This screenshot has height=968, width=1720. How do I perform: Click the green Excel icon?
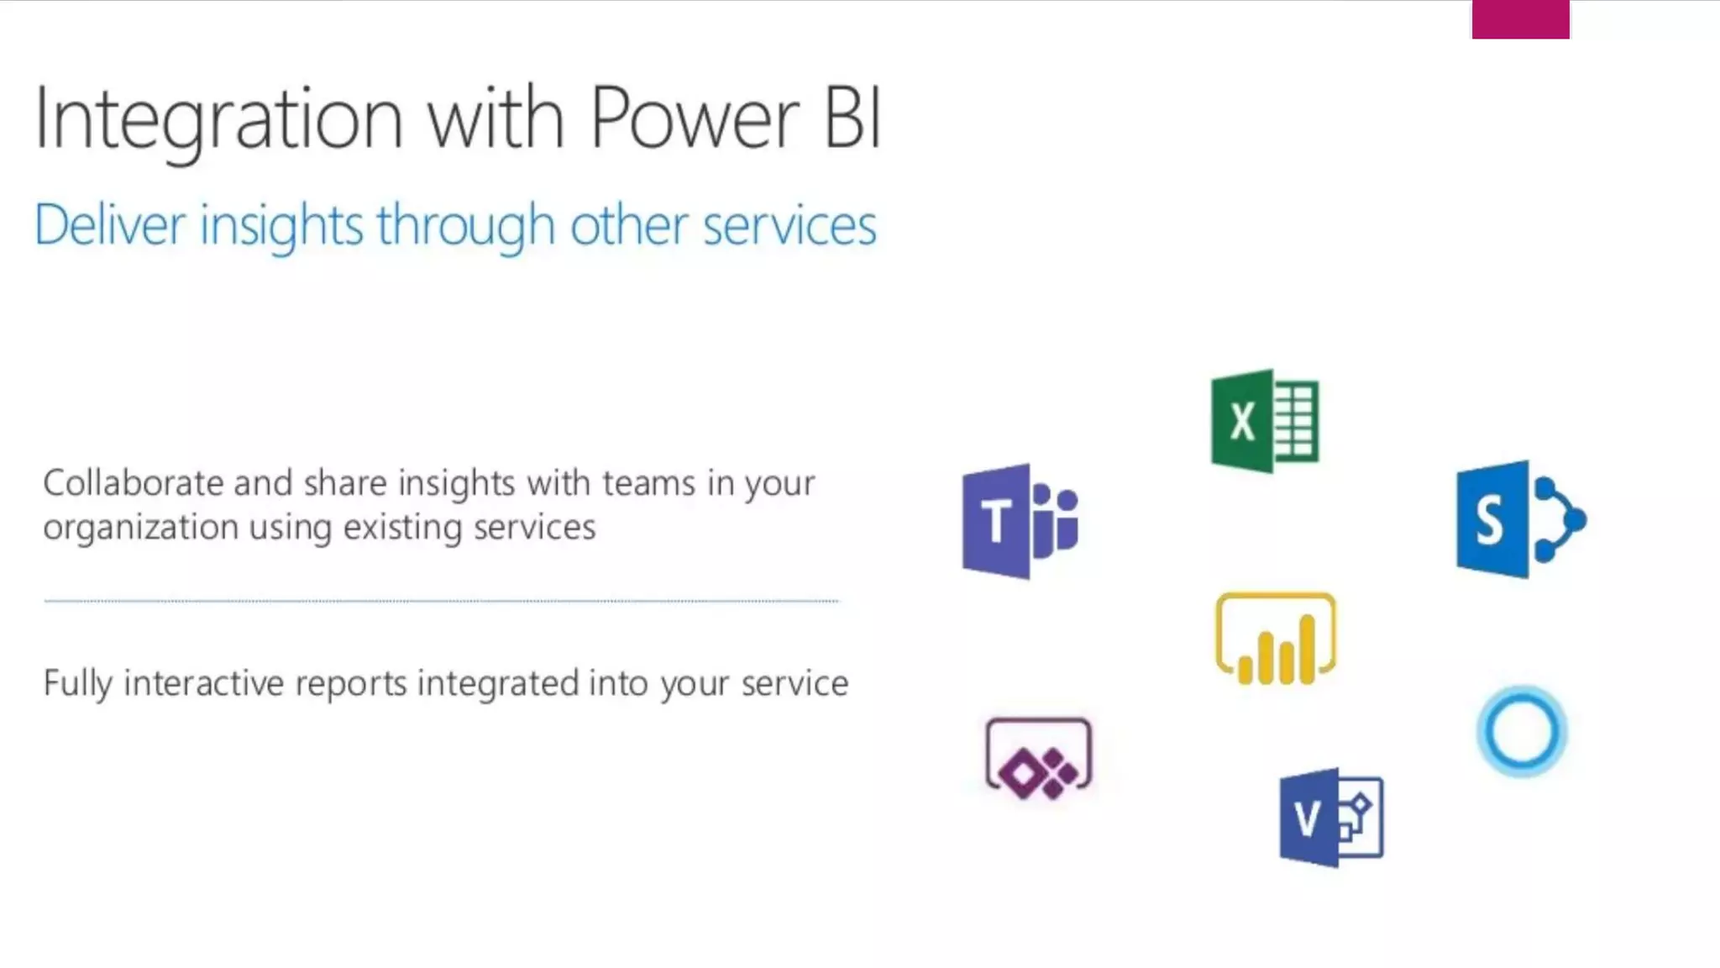(x=1264, y=421)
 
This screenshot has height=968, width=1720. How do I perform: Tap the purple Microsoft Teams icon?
(x=1019, y=521)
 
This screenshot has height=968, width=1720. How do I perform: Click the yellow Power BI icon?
(x=1275, y=639)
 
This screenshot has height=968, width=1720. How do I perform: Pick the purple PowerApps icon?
(x=1039, y=758)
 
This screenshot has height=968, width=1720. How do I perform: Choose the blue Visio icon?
(x=1330, y=818)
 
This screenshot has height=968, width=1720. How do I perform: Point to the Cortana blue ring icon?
(x=1521, y=731)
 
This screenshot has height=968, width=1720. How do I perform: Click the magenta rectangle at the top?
(x=1520, y=19)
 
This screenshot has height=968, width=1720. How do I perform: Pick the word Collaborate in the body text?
(x=133, y=483)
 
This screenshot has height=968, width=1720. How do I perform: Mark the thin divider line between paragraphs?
(x=441, y=602)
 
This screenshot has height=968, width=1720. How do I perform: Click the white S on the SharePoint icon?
(x=1489, y=521)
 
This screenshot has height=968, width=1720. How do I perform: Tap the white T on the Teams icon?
(x=995, y=522)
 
